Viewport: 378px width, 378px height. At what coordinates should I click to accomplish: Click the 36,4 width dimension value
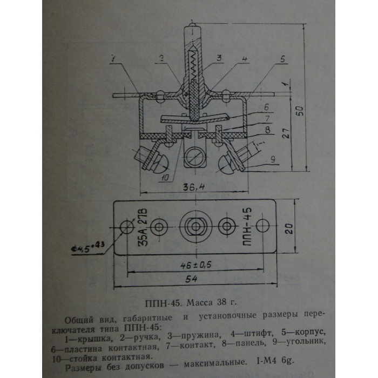tap(193, 187)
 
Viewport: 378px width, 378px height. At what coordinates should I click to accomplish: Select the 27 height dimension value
tap(286, 133)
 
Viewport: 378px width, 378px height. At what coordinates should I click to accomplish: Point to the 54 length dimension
tap(191, 279)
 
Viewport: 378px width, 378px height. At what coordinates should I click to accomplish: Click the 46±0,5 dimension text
tap(195, 265)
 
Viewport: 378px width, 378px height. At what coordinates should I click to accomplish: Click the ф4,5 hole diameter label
tap(87, 247)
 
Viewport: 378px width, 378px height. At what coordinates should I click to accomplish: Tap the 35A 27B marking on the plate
tap(143, 227)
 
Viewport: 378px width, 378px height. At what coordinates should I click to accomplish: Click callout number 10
tap(165, 178)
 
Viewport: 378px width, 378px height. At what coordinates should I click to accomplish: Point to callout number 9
tap(273, 160)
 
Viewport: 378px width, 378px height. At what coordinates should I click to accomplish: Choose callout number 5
tap(282, 58)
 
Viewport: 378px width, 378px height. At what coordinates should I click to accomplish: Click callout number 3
tap(219, 58)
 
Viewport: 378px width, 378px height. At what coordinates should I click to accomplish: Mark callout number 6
tap(266, 107)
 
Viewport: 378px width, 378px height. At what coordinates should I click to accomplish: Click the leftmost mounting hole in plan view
tap(127, 227)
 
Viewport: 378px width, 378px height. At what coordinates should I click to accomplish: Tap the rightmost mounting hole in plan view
tap(262, 226)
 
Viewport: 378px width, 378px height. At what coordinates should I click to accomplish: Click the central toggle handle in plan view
tap(195, 226)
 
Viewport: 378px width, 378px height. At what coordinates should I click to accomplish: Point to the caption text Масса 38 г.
tap(212, 302)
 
